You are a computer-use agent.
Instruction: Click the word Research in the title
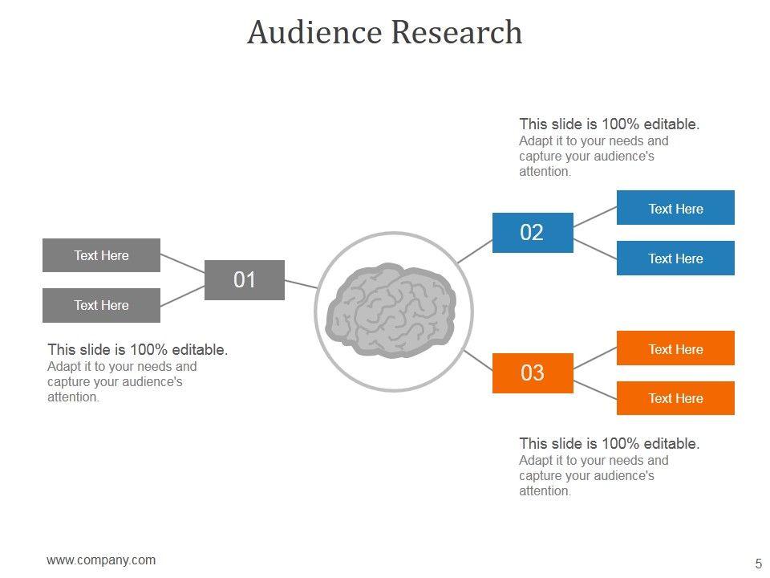click(456, 33)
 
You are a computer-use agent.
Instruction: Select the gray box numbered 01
click(245, 280)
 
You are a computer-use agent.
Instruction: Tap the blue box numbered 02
click(533, 233)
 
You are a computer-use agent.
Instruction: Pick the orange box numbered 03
click(533, 373)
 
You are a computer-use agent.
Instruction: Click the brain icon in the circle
click(392, 311)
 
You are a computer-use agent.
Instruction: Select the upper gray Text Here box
click(101, 255)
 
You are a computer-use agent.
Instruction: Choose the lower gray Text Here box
click(101, 305)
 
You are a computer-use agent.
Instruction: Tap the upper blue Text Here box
click(675, 208)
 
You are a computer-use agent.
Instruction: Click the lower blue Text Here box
click(675, 258)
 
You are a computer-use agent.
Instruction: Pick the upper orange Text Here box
click(675, 348)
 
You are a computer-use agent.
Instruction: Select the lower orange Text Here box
click(675, 398)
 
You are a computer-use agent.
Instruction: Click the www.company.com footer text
click(101, 560)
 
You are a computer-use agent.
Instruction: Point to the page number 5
click(758, 563)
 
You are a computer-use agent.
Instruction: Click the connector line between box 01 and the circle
click(301, 283)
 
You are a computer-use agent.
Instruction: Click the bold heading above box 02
click(610, 124)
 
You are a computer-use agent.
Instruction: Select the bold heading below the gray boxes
click(138, 350)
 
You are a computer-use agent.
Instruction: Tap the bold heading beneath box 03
click(610, 443)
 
